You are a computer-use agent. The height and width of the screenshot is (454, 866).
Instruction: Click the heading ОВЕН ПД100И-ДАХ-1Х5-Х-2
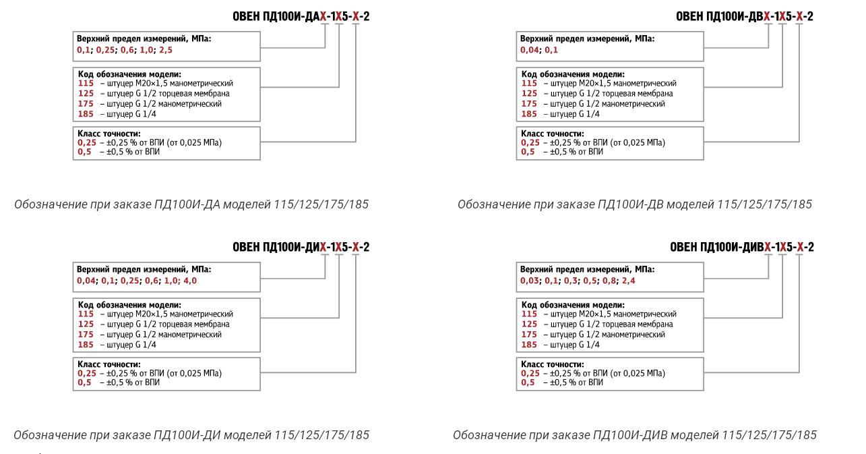click(301, 17)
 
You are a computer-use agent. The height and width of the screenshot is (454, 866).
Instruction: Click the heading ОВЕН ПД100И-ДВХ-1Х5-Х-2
click(745, 17)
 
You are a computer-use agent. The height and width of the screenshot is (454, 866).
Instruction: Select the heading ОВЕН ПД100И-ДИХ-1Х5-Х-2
click(301, 248)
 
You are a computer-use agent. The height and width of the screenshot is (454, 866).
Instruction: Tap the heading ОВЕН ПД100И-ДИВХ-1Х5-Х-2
click(741, 248)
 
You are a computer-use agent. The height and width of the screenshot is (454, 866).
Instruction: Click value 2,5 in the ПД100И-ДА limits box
click(166, 50)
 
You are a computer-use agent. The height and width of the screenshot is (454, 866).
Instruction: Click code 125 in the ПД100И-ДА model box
click(86, 94)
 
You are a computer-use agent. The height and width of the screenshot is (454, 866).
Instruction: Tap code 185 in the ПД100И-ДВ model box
click(529, 114)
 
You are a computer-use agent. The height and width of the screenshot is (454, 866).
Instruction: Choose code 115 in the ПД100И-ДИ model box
click(86, 314)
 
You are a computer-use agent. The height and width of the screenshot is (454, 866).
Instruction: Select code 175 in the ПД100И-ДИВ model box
click(529, 335)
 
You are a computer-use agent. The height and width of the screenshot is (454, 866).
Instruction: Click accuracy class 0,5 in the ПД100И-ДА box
click(84, 152)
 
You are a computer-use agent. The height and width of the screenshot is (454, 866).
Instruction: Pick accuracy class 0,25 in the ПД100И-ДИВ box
click(530, 373)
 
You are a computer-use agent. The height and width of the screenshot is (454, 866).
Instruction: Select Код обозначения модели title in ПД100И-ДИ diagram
click(129, 305)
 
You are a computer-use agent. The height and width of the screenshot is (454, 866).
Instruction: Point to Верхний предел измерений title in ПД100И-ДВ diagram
click(587, 39)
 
